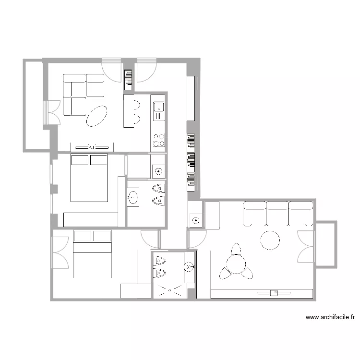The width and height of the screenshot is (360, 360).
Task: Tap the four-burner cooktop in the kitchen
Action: (x=158, y=140)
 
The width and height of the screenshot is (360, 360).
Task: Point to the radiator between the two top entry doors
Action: (x=128, y=80)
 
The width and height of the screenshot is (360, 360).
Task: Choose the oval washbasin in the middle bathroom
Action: (x=132, y=196)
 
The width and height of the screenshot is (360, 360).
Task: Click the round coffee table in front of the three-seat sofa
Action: (x=270, y=240)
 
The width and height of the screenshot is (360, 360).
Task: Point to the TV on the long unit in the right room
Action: (x=275, y=292)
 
